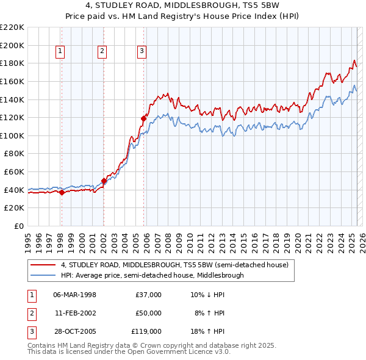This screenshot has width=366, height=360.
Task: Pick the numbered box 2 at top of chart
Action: point(102,52)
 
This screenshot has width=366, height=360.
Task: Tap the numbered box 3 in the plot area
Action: point(142,52)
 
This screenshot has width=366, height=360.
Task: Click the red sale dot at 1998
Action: point(62,193)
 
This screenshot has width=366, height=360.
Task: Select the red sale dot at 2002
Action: point(104,181)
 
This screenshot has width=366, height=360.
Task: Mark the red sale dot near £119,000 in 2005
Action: point(144,118)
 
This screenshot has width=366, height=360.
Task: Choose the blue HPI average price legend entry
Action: point(152,275)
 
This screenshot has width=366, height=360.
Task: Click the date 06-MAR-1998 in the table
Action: point(74,295)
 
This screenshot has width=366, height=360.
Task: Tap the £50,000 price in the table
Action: point(148,313)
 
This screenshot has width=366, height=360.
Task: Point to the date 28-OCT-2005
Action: point(74,331)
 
